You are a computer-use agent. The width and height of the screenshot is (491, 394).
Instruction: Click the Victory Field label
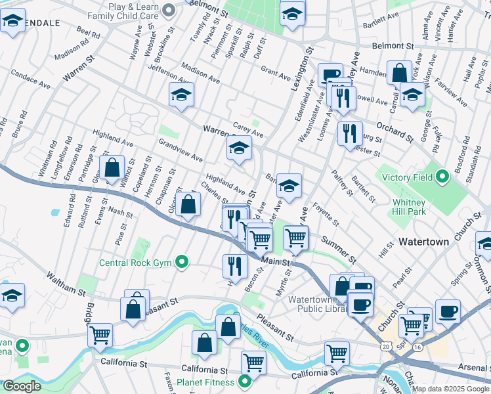click(x=407, y=177)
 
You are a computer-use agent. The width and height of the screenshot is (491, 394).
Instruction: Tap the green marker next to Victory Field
click(x=442, y=176)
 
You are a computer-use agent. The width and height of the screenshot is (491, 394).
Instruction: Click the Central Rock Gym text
click(x=135, y=263)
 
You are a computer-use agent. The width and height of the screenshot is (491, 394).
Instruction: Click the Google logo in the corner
click(x=22, y=386)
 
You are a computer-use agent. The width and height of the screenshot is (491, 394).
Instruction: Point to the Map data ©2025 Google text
click(x=450, y=389)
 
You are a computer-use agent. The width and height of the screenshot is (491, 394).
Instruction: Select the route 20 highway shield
click(x=385, y=345)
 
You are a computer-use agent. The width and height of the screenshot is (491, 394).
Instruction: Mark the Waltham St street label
click(x=66, y=278)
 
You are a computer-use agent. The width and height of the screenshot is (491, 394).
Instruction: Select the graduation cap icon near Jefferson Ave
click(x=181, y=95)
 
